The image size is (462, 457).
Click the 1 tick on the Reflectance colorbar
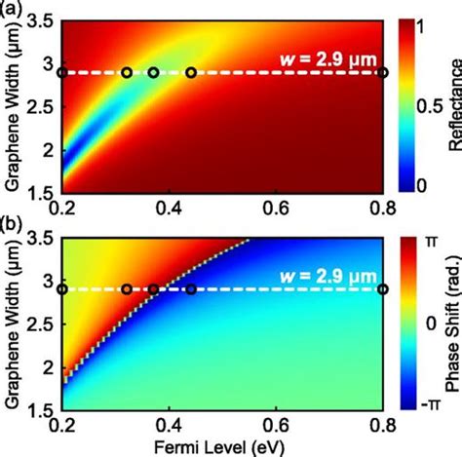tap(421, 27)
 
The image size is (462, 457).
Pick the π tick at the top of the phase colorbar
tap(422, 240)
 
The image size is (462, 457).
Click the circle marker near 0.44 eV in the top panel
tap(191, 72)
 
